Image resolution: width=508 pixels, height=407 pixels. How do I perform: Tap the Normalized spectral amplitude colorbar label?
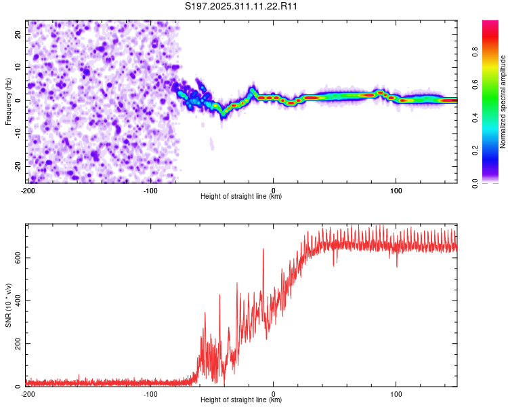click(503, 102)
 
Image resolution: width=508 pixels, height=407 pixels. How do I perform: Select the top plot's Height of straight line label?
click(242, 196)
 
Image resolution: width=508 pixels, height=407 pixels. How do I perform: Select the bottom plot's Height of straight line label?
click(242, 400)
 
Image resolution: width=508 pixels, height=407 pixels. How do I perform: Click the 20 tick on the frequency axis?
click(18, 34)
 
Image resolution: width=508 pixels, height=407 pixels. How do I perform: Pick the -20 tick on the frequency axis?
click(17, 166)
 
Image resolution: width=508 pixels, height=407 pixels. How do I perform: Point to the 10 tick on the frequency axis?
click(18, 67)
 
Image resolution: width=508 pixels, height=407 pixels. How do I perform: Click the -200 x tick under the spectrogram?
click(28, 191)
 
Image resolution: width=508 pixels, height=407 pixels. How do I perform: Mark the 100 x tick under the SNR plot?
click(396, 394)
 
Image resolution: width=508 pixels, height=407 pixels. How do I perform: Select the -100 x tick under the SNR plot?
click(150, 394)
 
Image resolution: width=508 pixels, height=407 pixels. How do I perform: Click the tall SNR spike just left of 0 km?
click(263, 250)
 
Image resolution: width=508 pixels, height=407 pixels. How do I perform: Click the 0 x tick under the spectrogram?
click(274, 191)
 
